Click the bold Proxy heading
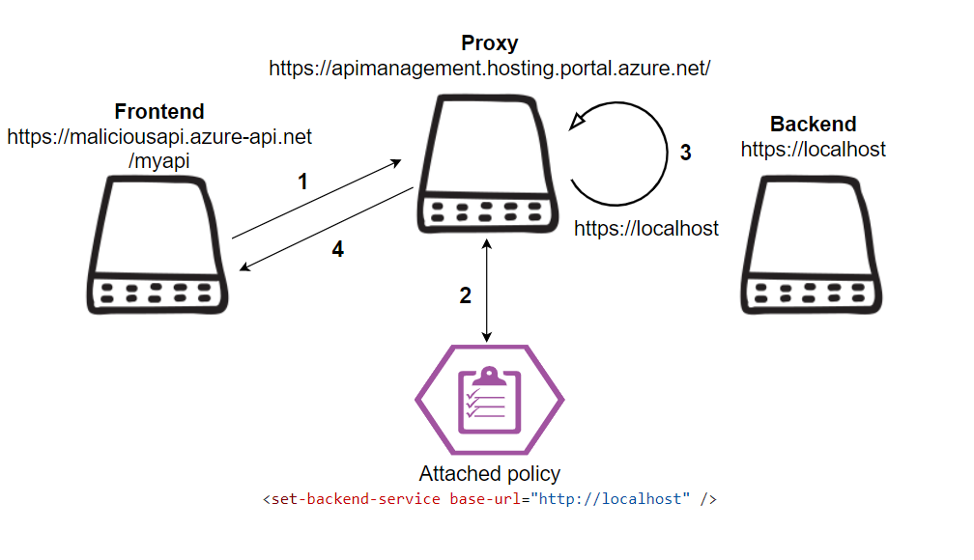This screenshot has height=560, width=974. click(x=490, y=43)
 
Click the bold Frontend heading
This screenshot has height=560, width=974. click(x=159, y=112)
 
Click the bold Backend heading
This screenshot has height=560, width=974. click(x=814, y=125)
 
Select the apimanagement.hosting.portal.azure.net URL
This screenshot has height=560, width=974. click(x=490, y=69)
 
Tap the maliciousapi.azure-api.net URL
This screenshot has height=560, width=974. click(x=159, y=136)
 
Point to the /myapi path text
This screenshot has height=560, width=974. click(x=159, y=161)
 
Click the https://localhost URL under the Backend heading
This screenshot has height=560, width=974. click(x=814, y=150)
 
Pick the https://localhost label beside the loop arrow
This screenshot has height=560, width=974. click(x=646, y=229)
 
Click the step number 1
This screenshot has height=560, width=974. click(x=302, y=182)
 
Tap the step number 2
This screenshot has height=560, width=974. click(x=466, y=295)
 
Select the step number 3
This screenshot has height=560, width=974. click(x=686, y=153)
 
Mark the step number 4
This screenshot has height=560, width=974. click(x=338, y=249)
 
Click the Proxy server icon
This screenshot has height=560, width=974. click(x=488, y=164)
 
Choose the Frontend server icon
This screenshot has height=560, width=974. click(x=158, y=244)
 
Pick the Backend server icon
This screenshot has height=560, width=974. click(x=812, y=244)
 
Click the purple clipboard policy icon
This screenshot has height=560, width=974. click(x=490, y=400)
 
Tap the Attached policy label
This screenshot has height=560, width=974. click(x=490, y=474)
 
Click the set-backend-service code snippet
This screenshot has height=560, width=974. click(x=490, y=499)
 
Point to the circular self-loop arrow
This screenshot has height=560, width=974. click(x=667, y=154)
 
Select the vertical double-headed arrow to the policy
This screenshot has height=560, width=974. click(x=487, y=291)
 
